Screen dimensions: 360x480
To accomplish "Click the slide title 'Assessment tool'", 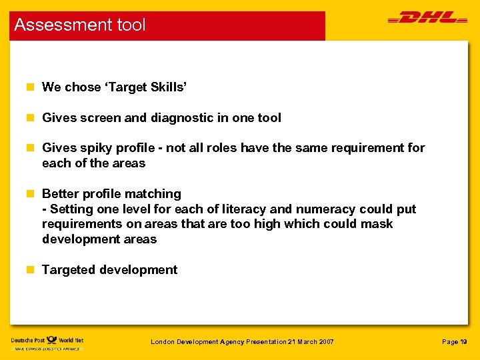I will pos(79,25).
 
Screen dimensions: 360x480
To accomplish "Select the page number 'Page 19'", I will pos(455,342).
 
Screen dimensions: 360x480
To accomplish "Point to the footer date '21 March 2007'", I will pos(311,342).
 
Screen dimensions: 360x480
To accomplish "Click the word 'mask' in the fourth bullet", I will pos(377,224).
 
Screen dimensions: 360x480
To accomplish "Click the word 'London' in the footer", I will pos(163,342).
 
